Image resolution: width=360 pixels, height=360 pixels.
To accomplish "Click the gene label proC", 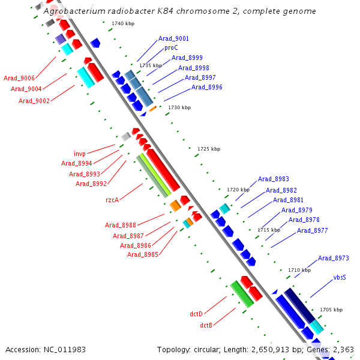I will coord(171,48).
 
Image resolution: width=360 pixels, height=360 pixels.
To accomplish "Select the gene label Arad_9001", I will coord(173,39).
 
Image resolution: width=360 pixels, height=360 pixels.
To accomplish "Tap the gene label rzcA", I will coord(112,200).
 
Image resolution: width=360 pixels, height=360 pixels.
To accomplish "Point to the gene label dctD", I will coord(196,314).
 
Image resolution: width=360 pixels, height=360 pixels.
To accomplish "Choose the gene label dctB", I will coord(206,325).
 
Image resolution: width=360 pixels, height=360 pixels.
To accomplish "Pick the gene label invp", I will coord(80,154).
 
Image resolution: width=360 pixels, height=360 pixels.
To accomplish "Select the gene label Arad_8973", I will coord(333,259).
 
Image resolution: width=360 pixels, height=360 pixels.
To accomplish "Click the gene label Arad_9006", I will coord(19,78).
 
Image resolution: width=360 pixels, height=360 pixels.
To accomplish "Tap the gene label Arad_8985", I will coord(143,254).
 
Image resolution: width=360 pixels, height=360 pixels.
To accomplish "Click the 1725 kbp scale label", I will coord(209,149).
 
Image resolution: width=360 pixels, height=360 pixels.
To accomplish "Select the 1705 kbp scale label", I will coord(331,310).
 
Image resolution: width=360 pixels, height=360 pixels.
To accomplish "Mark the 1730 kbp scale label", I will coord(179,108).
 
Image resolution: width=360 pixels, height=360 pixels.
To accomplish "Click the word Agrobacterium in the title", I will coord(76,11).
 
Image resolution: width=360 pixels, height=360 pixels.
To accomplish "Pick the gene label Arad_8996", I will coord(207,88).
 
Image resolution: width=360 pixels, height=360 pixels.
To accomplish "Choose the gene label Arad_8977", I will coord(313,231).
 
